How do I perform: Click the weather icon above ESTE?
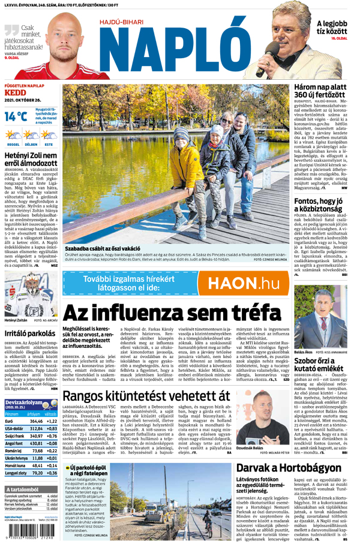(48, 135)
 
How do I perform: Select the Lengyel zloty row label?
(15, 473)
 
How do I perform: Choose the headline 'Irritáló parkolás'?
(30, 333)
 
